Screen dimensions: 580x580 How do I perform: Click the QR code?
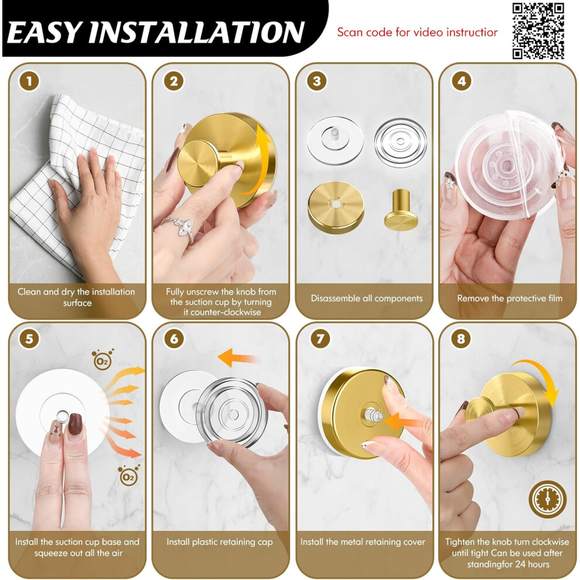click(538, 31)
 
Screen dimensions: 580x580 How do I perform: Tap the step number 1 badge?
click(29, 81)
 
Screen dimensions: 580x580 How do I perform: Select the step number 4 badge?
click(461, 81)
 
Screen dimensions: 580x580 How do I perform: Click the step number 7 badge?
click(320, 339)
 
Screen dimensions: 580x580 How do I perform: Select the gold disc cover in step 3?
click(336, 207)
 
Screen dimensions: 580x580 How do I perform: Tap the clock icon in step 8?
click(547, 499)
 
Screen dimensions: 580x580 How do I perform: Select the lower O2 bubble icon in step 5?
click(128, 476)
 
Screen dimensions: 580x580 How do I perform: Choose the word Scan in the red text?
click(350, 32)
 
